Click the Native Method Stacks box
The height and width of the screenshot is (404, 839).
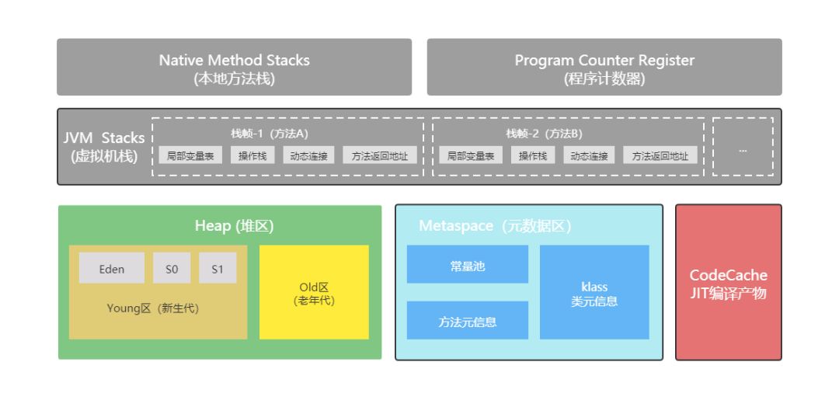[x=234, y=68]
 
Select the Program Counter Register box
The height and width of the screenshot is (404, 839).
[x=604, y=68]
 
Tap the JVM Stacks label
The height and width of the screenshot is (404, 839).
[x=104, y=147]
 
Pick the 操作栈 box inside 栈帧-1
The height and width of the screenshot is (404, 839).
[x=252, y=156]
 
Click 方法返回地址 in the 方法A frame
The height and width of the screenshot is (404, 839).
[x=379, y=156]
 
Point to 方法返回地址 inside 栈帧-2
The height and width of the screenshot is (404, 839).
[x=660, y=156]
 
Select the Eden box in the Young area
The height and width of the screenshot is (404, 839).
[x=111, y=268]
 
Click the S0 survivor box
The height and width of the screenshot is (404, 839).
[x=172, y=268]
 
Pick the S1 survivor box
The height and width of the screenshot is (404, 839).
[x=218, y=268]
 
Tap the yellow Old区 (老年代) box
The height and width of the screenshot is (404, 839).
[x=314, y=293]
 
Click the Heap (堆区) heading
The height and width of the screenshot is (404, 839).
[x=234, y=226]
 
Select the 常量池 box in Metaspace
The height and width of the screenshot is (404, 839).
[x=468, y=265]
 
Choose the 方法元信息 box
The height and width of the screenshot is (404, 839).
[x=468, y=321]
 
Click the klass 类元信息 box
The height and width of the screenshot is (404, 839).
[x=594, y=293]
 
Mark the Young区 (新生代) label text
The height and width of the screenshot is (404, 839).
[x=153, y=308]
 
